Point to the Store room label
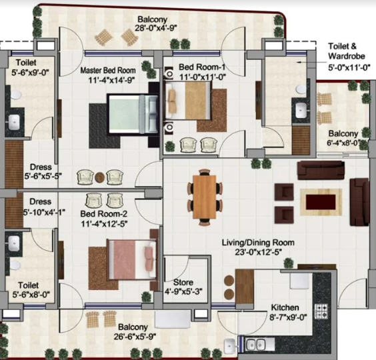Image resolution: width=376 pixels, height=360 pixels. (x=183, y=282)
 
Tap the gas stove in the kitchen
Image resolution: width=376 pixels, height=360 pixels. (x=322, y=311)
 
